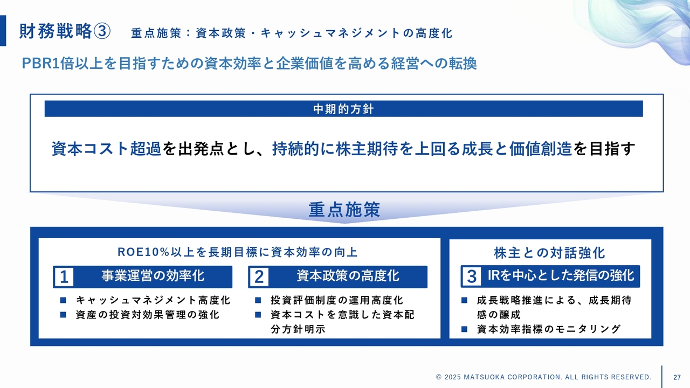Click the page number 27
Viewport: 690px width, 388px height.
(x=677, y=377)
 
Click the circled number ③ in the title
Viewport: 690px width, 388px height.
(x=102, y=31)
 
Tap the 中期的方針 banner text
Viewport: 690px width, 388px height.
(x=343, y=109)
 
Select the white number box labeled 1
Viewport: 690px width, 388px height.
(x=64, y=277)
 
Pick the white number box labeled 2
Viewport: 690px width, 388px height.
(x=259, y=277)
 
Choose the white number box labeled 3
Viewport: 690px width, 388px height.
(x=472, y=276)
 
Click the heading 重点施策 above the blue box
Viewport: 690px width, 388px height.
(x=344, y=210)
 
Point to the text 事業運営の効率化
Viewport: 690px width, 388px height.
(x=153, y=276)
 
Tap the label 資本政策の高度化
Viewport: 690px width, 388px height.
(x=348, y=276)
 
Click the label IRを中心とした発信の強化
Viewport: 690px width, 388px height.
(x=561, y=275)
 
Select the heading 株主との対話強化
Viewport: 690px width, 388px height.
(x=550, y=253)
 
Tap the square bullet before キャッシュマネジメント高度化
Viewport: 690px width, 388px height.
(x=63, y=300)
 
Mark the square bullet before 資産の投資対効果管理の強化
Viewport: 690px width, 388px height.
(x=63, y=315)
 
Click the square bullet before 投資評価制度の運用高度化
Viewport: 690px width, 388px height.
(x=258, y=300)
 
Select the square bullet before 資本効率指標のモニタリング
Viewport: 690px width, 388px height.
(x=464, y=329)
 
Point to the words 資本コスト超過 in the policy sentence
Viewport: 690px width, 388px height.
(x=106, y=149)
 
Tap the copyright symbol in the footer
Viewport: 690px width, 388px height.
(x=439, y=377)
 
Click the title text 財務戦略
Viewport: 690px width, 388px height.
(x=56, y=31)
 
